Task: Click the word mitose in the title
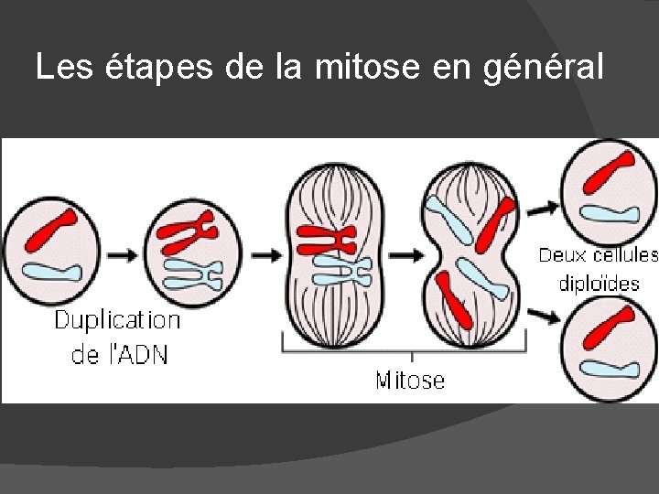point(362,68)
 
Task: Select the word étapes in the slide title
point(159,68)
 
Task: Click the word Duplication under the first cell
point(117,320)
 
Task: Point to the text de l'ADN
point(120,354)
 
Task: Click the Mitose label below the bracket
point(410,380)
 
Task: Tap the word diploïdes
point(600,283)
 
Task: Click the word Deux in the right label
point(564,255)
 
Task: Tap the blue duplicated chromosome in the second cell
point(192,273)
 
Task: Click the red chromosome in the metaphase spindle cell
point(326,240)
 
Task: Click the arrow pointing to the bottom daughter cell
point(543,317)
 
